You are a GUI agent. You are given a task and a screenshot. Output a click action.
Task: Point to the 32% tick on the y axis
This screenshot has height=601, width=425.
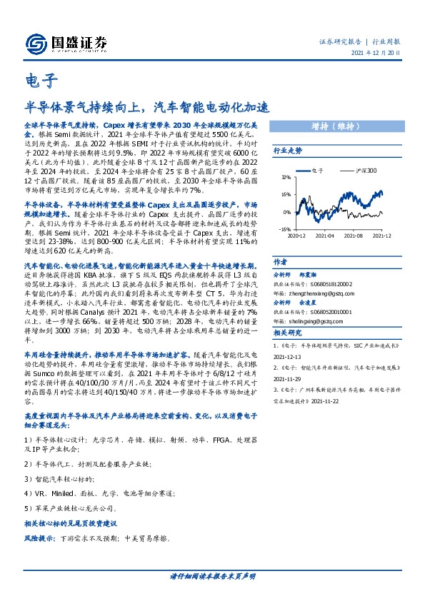[286, 176]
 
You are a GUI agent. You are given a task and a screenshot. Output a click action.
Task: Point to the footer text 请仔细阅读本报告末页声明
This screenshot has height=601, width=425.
[212, 575]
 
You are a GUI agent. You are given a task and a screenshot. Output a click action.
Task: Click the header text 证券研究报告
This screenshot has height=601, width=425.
[339, 41]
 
